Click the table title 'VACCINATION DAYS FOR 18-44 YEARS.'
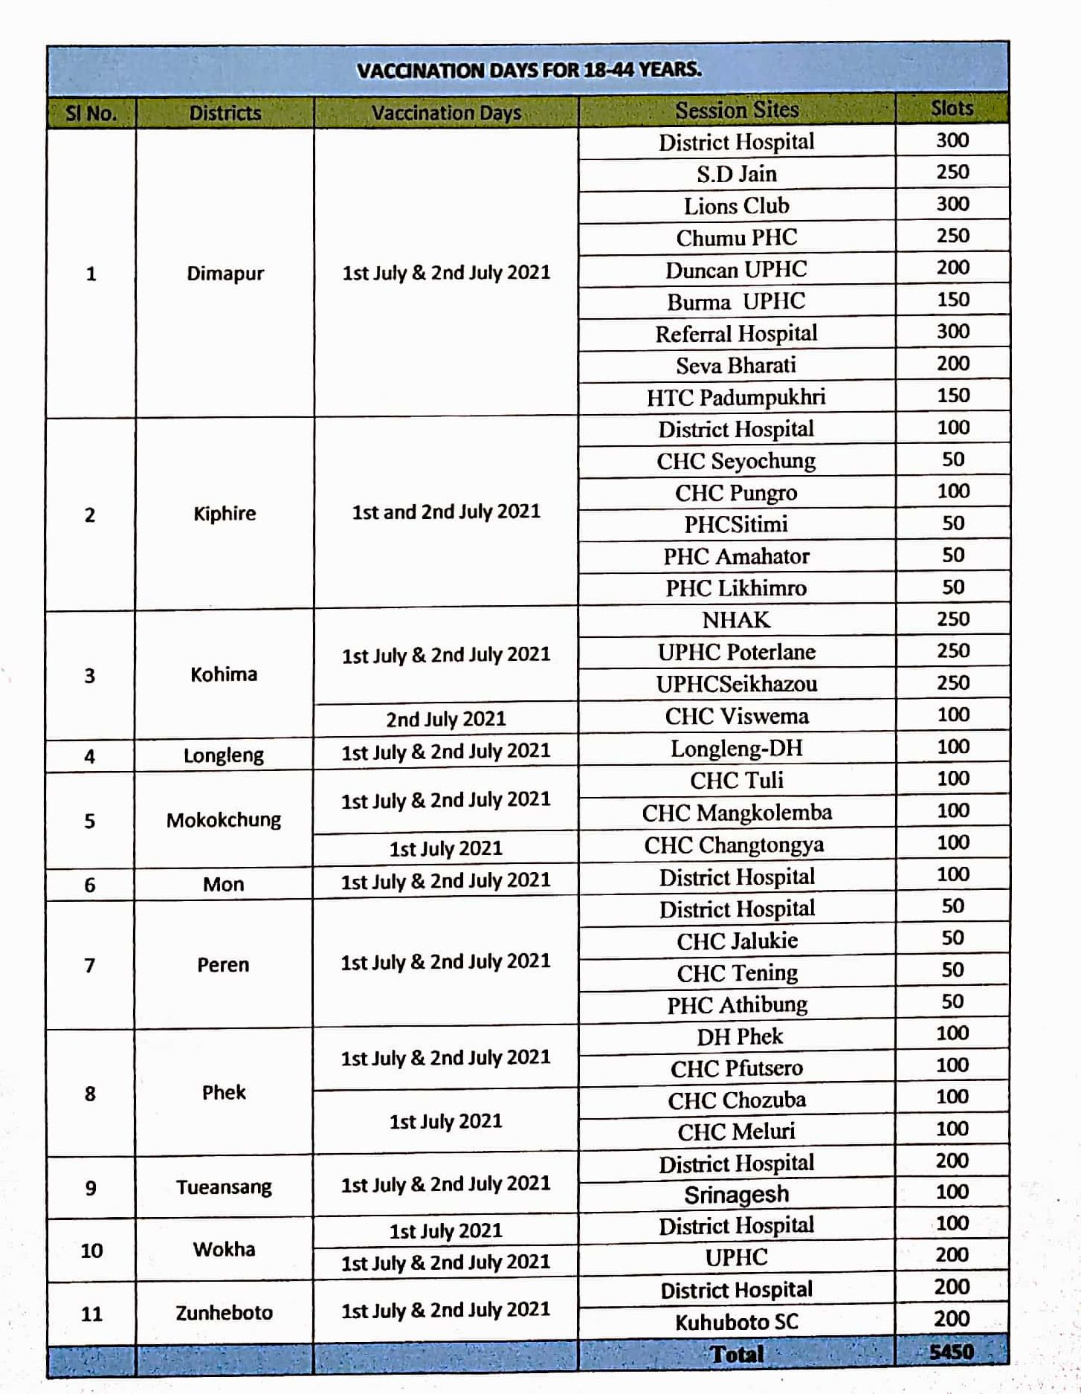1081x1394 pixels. point(529,71)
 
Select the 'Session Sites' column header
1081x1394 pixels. point(736,110)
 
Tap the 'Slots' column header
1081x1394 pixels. point(952,109)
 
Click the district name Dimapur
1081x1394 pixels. point(225,274)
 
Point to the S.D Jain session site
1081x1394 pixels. point(736,174)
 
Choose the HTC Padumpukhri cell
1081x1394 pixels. point(736,397)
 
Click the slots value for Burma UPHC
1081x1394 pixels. point(952,300)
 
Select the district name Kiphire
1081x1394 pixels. point(225,513)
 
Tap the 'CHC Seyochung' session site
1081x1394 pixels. point(736,461)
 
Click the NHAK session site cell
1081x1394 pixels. point(736,620)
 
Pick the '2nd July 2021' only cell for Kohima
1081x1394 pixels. point(445,719)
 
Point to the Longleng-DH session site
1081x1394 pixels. point(736,748)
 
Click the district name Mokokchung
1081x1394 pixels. point(224,820)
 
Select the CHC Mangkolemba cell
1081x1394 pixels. point(736,813)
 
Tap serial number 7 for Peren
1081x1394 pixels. point(90,965)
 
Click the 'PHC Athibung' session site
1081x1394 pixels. point(736,1005)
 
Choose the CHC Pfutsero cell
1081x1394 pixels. point(736,1068)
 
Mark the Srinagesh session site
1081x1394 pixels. point(736,1195)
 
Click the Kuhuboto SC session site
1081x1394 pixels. point(736,1322)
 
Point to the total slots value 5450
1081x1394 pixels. point(951,1352)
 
